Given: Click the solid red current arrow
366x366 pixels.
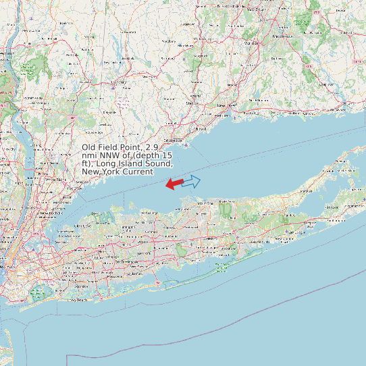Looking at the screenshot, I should [174, 183].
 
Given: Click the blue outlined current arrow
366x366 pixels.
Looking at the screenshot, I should [192, 181].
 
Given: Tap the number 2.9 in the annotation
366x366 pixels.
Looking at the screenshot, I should [152, 147].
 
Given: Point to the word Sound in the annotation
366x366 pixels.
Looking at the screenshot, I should [159, 163].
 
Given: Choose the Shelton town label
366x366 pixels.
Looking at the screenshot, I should [192, 103].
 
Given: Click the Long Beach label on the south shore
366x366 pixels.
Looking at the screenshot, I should [78, 299].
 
